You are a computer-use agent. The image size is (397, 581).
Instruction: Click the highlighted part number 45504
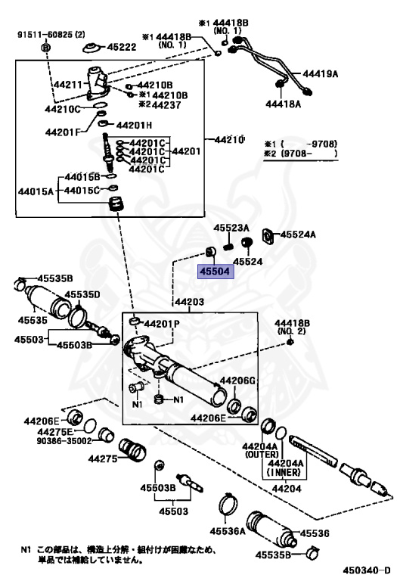coord(215,272)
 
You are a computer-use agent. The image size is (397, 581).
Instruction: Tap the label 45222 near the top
coord(122,47)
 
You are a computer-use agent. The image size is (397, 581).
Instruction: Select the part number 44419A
coord(321,73)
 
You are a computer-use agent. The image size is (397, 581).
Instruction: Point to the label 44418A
coord(284,104)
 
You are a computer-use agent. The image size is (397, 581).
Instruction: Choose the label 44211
coord(68,85)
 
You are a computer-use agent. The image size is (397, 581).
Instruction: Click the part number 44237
coord(166,105)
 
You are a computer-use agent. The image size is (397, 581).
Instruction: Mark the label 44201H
coord(134,126)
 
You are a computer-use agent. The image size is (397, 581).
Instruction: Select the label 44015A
coord(36,191)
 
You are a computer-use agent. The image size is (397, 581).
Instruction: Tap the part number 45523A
coord(231,228)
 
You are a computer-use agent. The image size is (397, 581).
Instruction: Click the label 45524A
coord(298,235)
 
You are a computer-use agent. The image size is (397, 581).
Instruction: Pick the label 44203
coord(189,302)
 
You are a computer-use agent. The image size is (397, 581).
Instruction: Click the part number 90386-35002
coord(64,441)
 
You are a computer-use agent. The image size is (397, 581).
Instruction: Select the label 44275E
coord(55,432)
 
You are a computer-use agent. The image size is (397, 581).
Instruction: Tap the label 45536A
coord(228,531)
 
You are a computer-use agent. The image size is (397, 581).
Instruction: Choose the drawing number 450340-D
coord(367,570)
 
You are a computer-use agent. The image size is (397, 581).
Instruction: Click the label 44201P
coord(162,324)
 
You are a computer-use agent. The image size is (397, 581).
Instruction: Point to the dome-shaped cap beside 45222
coord(91,48)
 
